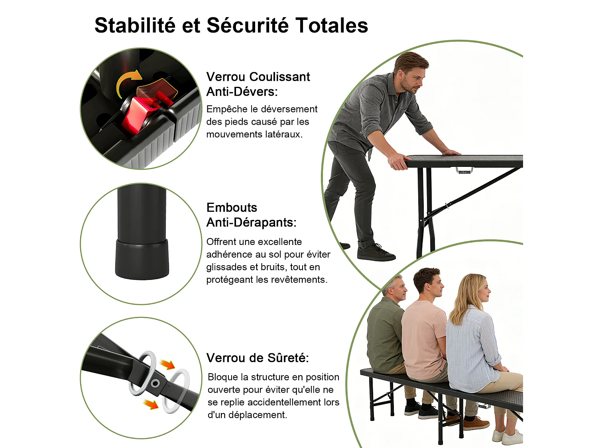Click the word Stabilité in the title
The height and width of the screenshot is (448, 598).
coord(135,25)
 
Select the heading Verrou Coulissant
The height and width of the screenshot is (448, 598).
coord(258,77)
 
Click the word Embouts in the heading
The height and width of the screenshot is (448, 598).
coord(232,207)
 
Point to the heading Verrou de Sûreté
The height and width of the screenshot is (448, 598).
coord(258,358)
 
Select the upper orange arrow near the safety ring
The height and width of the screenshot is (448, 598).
coord(167,364)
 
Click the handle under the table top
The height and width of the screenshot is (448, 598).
coord(464,170)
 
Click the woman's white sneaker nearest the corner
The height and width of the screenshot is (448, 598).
coord(512,438)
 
